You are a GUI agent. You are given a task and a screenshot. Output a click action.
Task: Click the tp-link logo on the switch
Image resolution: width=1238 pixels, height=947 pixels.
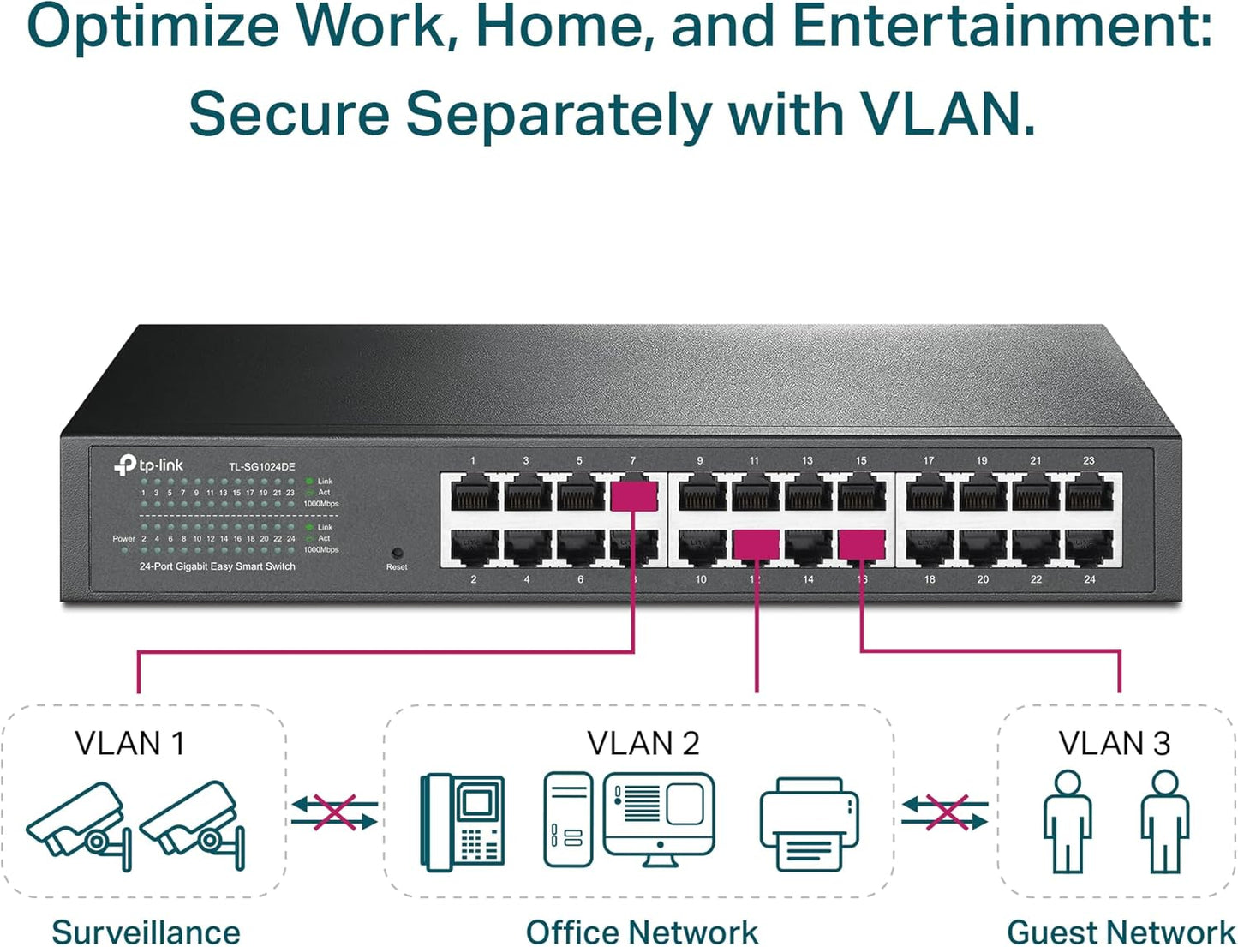coord(148,465)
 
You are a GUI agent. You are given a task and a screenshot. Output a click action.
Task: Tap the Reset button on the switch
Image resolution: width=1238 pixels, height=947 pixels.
coord(397,554)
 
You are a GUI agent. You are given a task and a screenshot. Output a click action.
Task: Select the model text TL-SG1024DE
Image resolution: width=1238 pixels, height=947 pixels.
coord(261,467)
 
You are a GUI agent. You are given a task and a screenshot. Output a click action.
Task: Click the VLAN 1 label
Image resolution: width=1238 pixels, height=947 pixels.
coord(129,743)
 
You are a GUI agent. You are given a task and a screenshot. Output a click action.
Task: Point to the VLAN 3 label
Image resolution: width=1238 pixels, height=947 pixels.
coord(1114,743)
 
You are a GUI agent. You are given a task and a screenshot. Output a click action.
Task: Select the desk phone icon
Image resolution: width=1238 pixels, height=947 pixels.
coord(462,822)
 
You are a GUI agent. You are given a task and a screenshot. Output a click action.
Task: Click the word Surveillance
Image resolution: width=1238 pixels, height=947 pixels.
coord(146,932)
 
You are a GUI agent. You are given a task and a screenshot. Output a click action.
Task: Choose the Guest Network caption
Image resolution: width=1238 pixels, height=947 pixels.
coord(1121,932)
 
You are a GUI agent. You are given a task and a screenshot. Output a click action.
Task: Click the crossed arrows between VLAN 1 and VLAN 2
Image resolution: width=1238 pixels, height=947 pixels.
coord(334,812)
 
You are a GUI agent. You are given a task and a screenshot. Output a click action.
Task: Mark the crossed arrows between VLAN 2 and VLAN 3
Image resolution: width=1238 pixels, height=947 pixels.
coord(945,812)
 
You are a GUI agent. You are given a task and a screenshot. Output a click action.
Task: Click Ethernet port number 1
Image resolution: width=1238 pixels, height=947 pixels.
coord(474,495)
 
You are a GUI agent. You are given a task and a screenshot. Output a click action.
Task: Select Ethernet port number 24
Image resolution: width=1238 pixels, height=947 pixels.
coord(1089,546)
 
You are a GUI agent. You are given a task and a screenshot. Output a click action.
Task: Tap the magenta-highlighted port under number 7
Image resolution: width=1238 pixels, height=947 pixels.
coord(634,495)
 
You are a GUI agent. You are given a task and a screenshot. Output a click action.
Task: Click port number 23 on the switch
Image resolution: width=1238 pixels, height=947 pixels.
coord(1089,495)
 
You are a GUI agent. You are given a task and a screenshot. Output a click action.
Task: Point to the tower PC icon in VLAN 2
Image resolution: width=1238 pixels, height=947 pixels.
coord(568,820)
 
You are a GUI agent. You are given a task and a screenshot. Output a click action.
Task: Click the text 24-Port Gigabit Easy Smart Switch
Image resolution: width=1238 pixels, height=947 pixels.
coord(218,566)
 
